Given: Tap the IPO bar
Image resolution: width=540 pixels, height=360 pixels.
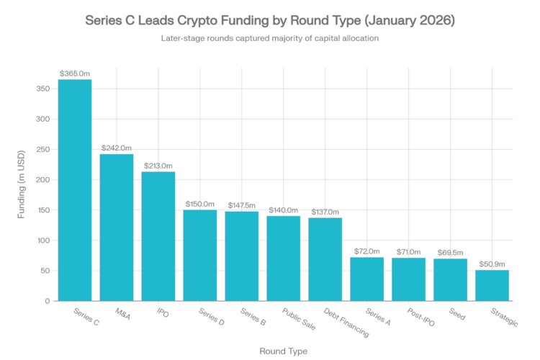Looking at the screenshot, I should [x=158, y=235].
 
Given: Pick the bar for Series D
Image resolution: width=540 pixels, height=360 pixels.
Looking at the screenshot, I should [x=199, y=255].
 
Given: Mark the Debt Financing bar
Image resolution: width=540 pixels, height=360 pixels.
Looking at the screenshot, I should [x=325, y=258].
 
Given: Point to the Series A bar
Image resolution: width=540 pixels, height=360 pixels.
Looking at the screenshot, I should [x=366, y=279].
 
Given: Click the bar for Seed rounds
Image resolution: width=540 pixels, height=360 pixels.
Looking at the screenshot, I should [x=450, y=279].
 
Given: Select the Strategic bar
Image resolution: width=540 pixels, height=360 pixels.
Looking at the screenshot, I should [x=492, y=285].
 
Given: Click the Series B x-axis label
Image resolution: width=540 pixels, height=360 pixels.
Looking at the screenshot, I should [x=251, y=318].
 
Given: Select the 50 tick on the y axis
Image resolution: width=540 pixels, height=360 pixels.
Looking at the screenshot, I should [x=45, y=271].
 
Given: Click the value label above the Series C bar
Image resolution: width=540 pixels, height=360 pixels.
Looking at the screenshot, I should [x=75, y=73].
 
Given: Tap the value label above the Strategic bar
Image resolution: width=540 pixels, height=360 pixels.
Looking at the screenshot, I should [x=492, y=264].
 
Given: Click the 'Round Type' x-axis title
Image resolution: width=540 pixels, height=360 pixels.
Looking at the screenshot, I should [x=284, y=351].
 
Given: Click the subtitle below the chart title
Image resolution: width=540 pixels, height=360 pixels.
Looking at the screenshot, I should [x=269, y=39].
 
